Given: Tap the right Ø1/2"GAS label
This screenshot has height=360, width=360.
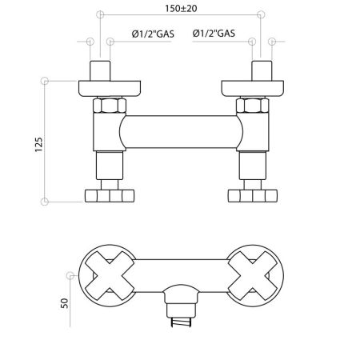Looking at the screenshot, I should (x=214, y=34).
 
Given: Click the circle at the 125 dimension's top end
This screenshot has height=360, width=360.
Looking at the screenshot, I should (x=45, y=81).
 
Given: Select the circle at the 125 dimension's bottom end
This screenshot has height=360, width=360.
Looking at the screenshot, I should (x=45, y=201).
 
